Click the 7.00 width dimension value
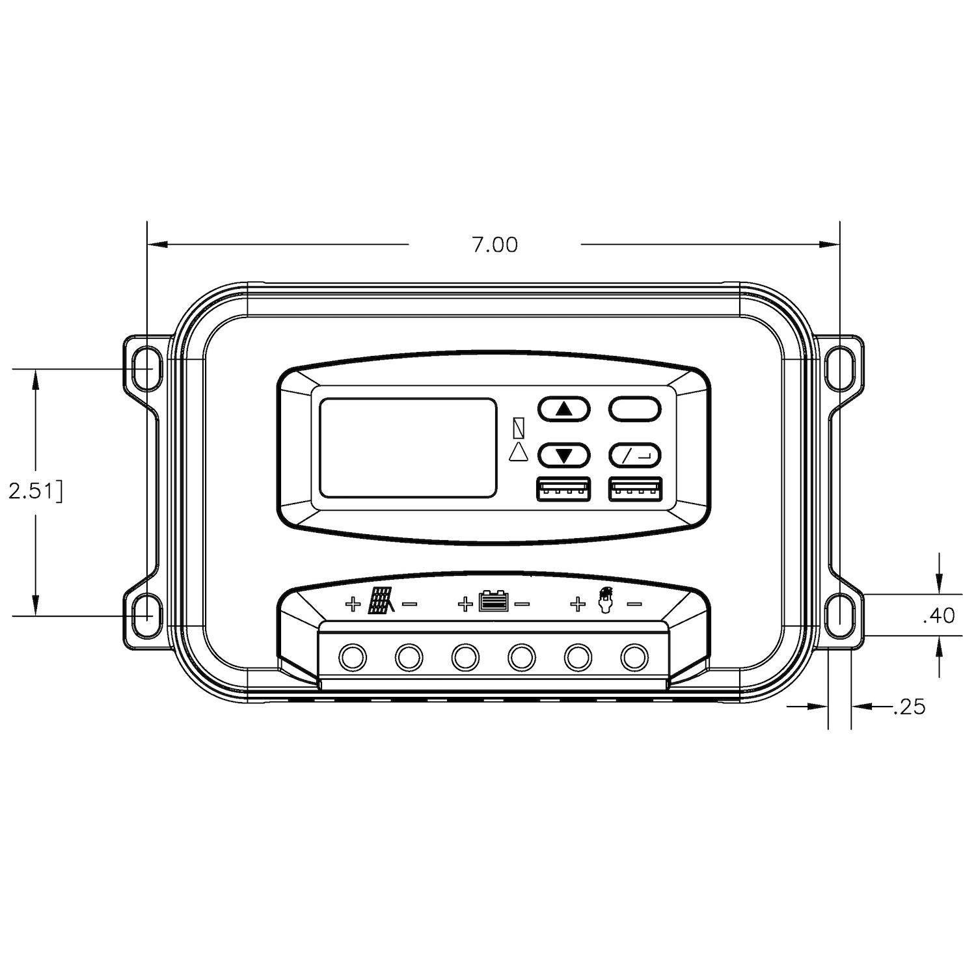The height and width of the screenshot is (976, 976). (495, 245)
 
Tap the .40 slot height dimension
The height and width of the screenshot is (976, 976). (938, 615)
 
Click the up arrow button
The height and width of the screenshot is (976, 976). (563, 409)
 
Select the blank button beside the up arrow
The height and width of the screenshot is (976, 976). (634, 409)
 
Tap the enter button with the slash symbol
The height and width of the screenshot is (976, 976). (634, 455)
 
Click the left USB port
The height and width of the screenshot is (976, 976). (563, 490)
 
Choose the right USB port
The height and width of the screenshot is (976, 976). (634, 490)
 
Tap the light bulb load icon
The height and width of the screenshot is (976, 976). (606, 600)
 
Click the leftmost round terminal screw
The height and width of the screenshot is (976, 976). (353, 658)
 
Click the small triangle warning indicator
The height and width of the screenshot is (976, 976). (519, 452)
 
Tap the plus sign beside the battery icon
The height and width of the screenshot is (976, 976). (465, 604)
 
